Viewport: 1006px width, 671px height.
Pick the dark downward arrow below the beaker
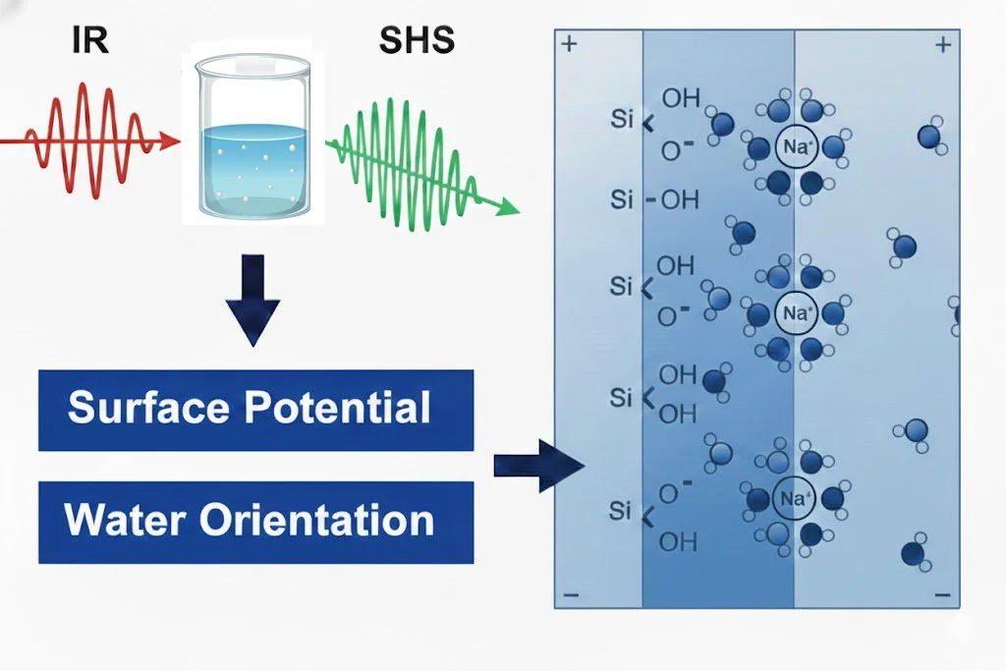click(252, 300)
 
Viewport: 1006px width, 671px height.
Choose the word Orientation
click(316, 520)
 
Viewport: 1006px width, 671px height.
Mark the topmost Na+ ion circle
click(795, 147)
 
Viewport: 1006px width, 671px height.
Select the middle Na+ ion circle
click(795, 314)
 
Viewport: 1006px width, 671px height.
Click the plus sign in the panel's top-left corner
click(568, 44)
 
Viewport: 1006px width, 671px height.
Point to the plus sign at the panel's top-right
click(943, 44)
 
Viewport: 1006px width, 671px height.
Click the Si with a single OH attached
click(622, 200)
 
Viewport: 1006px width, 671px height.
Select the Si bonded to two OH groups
click(622, 398)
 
